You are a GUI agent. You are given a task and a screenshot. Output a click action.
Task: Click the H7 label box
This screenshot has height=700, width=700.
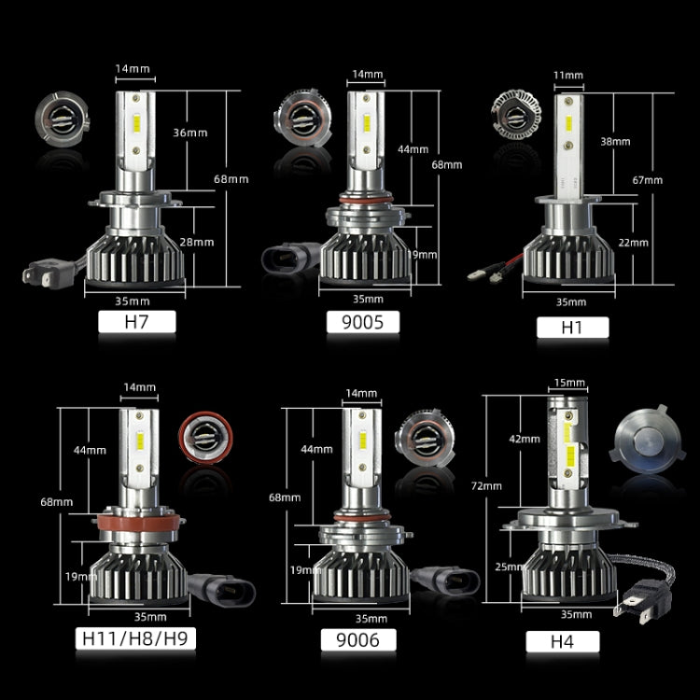pyautogui.click(x=136, y=323)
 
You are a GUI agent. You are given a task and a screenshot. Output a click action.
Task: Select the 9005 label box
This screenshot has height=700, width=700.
pyautogui.click(x=363, y=323)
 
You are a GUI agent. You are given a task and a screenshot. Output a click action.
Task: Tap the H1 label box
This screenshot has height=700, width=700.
pyautogui.click(x=572, y=327)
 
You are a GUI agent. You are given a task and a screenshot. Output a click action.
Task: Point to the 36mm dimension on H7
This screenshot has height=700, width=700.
pyautogui.click(x=189, y=133)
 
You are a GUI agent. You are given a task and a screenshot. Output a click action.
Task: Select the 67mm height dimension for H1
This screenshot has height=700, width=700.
pyautogui.click(x=647, y=180)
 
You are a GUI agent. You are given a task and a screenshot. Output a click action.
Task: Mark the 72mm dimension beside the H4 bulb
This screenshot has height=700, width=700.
pyautogui.click(x=487, y=485)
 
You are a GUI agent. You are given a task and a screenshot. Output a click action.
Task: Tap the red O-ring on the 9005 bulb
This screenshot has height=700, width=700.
pyautogui.click(x=364, y=202)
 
